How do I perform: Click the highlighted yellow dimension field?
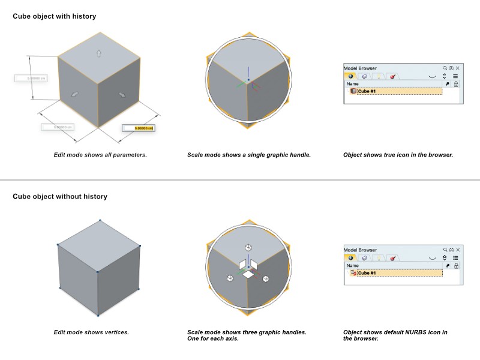pos(138,128)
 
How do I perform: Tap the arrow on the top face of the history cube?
pos(99,53)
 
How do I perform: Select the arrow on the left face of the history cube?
pos(76,94)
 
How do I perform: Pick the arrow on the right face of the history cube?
pos(122,94)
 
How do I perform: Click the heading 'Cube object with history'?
pos(54,16)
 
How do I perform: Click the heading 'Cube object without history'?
pos(59,196)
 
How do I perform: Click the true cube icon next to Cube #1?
pos(353,91)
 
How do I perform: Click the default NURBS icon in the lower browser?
pos(353,273)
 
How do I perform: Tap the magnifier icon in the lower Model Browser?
pos(445,250)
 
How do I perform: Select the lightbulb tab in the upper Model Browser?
pos(378,77)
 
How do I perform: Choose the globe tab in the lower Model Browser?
pos(350,258)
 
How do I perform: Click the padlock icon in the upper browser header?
pos(457,84)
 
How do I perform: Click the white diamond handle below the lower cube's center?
pos(248,274)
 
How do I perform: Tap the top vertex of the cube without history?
pos(100,221)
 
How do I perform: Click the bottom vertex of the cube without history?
pos(98,315)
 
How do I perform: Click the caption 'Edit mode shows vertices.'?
pos(91,332)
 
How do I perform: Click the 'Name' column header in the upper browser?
pos(353,84)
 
